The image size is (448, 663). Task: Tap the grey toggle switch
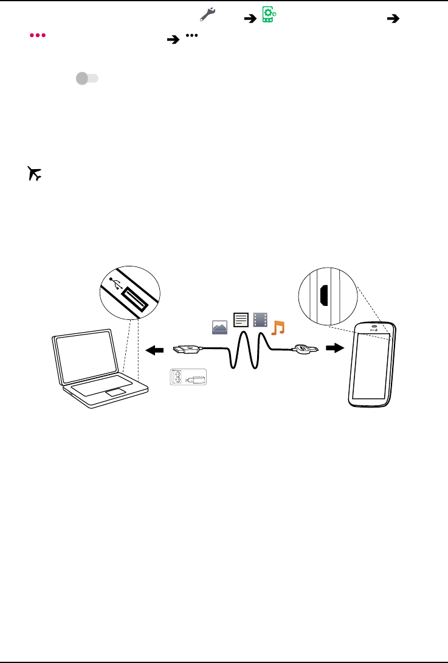87,78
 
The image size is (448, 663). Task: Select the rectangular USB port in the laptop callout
134,300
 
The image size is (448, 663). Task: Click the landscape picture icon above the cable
219,327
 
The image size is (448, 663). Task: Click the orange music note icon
278,327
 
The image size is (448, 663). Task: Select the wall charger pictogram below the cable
188,377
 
